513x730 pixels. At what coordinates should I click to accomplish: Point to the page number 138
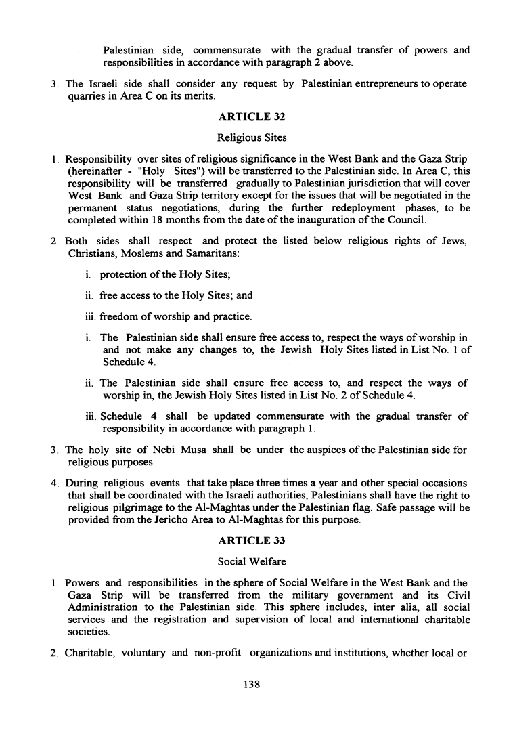tap(251, 685)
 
